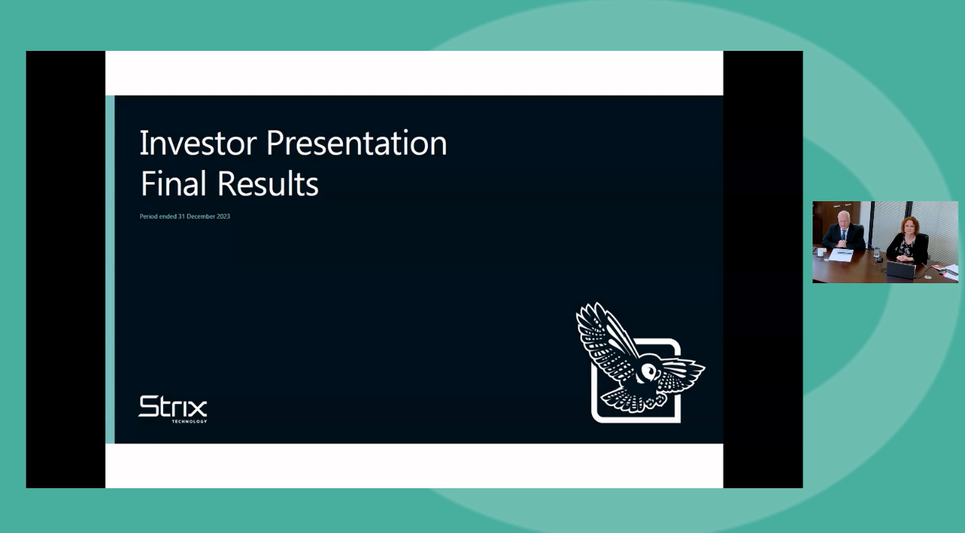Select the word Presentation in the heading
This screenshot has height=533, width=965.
tap(357, 143)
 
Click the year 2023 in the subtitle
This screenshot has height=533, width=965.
tap(223, 216)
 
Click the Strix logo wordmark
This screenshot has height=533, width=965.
tap(172, 406)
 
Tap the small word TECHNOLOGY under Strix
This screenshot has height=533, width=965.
tap(189, 421)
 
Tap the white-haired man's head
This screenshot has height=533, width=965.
tap(843, 220)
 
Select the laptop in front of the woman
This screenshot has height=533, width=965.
tap(901, 270)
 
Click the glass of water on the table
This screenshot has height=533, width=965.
tap(878, 255)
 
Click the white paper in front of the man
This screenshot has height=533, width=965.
tap(841, 255)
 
